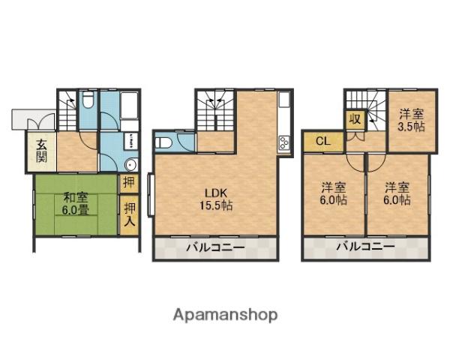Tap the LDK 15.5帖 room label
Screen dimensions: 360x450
[x=215, y=197]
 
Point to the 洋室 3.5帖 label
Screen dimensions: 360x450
[x=410, y=120]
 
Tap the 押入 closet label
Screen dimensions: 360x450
[x=130, y=214]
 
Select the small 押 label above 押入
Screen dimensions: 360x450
[x=130, y=182]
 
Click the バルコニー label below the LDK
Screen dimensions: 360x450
[x=215, y=247]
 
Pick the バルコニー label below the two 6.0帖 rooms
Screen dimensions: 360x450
[x=365, y=247]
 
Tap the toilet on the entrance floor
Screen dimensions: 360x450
[x=88, y=100]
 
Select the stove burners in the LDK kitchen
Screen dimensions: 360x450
[x=284, y=142]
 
